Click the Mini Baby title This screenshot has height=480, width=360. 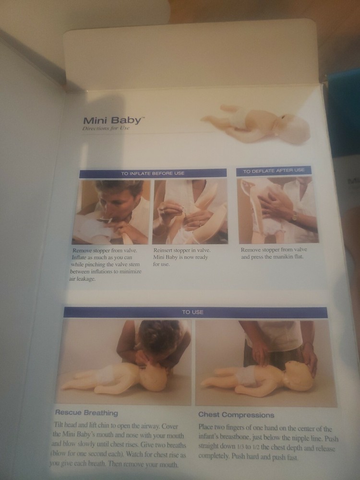coord(108,120)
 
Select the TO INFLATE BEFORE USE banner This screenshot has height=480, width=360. coord(153,173)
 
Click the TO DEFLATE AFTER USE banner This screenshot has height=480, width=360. coord(274,170)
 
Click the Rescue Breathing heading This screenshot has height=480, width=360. coord(86,412)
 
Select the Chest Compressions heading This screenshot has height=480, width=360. coord(236,415)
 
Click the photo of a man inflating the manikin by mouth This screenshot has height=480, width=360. coord(111,211)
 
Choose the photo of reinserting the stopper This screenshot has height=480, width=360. coord(190,211)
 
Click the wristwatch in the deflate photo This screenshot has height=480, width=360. coord(294,217)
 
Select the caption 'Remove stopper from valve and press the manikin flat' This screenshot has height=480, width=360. coord(274,253)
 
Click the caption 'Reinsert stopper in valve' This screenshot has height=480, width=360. coord(182,250)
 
